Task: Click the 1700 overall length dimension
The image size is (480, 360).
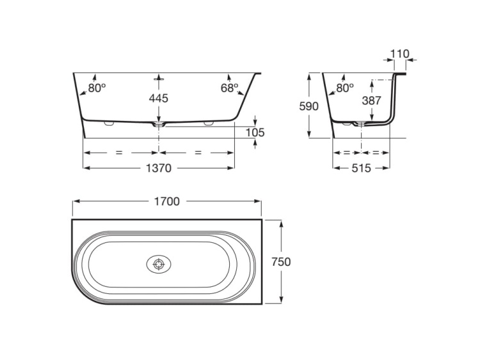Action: click(167, 202)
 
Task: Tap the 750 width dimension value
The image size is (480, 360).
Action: click(281, 262)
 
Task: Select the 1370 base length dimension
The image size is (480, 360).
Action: click(159, 168)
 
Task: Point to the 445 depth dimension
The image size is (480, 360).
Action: click(159, 99)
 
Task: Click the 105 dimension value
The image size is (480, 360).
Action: click(255, 133)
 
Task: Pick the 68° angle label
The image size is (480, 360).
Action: click(230, 88)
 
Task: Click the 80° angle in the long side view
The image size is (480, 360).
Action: click(97, 88)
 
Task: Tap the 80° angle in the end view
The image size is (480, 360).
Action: click(345, 88)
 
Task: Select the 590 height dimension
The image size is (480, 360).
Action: click(308, 106)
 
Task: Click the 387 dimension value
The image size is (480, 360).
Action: click(371, 101)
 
